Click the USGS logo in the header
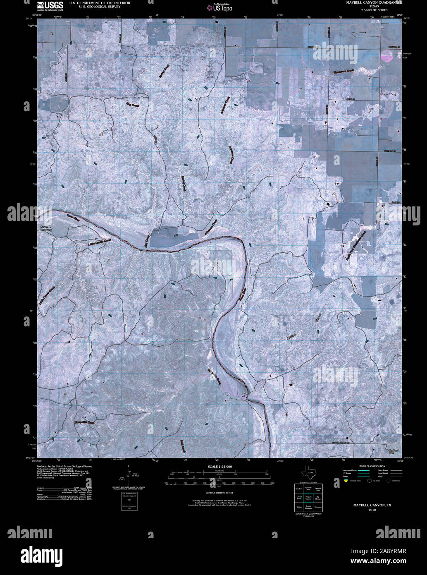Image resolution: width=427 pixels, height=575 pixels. click(x=50, y=5)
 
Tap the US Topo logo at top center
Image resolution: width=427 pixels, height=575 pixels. click(x=219, y=7)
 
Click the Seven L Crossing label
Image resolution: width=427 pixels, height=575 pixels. click(x=46, y=229)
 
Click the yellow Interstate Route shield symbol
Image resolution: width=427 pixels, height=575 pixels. click(x=346, y=481)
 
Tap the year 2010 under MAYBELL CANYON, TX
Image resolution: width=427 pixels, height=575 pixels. click(x=372, y=510)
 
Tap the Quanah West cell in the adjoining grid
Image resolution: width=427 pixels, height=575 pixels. click(x=308, y=489)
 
